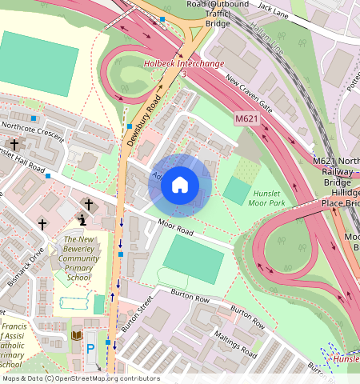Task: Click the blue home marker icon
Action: click(180, 185)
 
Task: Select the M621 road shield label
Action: click(246, 118)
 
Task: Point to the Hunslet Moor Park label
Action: click(273, 199)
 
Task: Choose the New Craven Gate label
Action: click(250, 94)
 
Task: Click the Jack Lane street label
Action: click(277, 8)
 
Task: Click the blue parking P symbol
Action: click(90, 349)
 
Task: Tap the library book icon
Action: click(77, 335)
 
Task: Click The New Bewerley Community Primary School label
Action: click(80, 260)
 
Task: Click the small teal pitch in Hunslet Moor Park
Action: click(236, 190)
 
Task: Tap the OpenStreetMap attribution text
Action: click(80, 378)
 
